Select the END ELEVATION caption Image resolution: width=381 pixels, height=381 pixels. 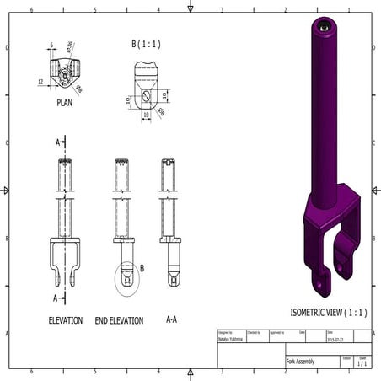[119, 320]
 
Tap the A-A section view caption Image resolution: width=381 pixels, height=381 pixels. [171, 319]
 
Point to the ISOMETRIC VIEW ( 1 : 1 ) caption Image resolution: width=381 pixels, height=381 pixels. [329, 312]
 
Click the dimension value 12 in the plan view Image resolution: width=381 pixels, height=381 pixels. [40, 82]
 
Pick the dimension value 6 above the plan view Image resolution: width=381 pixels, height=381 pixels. [51, 46]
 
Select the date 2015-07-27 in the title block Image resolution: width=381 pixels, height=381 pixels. [336, 340]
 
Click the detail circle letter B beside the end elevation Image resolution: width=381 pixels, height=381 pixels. [142, 268]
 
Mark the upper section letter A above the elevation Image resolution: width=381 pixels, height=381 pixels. [58, 142]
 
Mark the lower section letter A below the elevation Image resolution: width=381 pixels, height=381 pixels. [58, 298]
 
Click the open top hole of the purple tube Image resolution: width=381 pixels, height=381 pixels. [325, 26]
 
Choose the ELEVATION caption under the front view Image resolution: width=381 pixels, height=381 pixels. [65, 320]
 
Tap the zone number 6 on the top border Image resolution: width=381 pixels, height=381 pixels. [32, 11]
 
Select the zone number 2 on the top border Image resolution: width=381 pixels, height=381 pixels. [286, 11]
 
